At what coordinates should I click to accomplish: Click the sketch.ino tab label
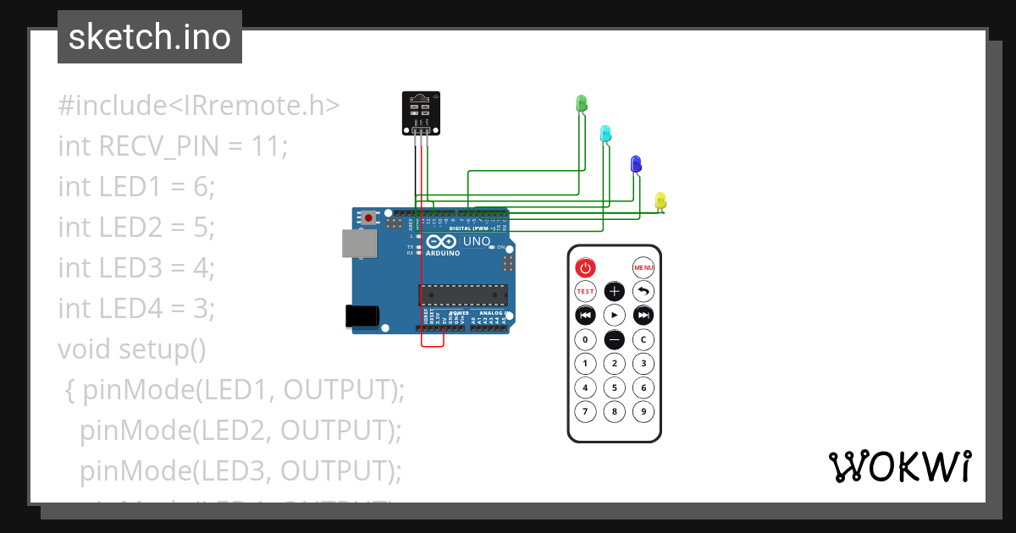[150, 37]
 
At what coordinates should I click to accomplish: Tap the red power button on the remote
[585, 268]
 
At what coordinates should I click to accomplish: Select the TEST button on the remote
[585, 292]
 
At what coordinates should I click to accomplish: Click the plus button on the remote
[615, 292]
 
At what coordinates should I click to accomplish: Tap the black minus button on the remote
[615, 340]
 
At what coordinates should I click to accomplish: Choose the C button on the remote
[643, 340]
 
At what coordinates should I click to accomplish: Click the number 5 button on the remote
[615, 388]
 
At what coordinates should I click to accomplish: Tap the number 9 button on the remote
[643, 413]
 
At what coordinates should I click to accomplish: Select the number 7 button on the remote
[585, 413]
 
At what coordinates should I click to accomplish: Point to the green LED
[582, 103]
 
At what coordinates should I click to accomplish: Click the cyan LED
[605, 134]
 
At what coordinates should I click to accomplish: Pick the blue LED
[636, 164]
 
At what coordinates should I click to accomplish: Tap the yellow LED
[660, 201]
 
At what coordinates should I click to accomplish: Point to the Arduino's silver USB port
[358, 243]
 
